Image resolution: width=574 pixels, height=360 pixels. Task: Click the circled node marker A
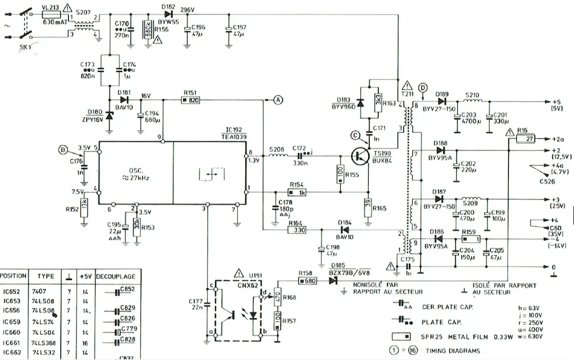click(x=278, y=100)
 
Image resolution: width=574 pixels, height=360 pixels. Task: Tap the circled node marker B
click(x=63, y=150)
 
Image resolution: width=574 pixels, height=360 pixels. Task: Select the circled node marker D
click(x=422, y=88)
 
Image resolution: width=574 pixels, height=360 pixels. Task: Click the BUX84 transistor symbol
click(x=360, y=156)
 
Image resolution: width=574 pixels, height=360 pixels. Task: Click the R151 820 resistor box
click(x=190, y=100)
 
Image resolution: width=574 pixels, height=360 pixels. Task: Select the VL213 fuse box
click(x=51, y=15)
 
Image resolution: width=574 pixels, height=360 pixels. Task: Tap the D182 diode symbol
click(x=168, y=14)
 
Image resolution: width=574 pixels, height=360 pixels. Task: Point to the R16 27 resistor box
click(x=525, y=139)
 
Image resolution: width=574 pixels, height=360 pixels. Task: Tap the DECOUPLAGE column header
click(x=115, y=277)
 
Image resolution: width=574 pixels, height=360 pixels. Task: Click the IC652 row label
click(x=11, y=291)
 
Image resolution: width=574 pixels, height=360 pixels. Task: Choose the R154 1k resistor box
click(x=298, y=193)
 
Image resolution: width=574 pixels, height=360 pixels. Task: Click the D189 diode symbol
click(x=442, y=101)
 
